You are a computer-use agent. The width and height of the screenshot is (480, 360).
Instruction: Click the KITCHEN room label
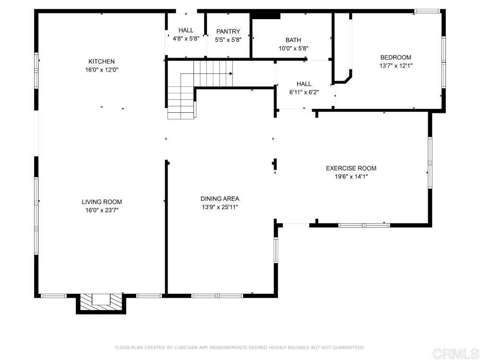click(102, 61)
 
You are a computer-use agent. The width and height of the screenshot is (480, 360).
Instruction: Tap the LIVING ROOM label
click(102, 202)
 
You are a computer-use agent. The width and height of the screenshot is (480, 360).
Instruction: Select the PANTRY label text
click(228, 31)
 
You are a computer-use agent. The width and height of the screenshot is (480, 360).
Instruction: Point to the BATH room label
click(293, 40)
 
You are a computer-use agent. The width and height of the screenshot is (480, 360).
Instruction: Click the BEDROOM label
click(396, 57)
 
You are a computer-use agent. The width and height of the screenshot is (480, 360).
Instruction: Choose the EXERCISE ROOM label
click(351, 168)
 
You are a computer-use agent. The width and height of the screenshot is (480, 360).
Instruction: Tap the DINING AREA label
click(220, 199)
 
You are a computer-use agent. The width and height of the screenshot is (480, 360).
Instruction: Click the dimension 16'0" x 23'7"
click(102, 210)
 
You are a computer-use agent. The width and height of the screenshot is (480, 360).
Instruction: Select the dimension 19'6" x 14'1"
click(351, 177)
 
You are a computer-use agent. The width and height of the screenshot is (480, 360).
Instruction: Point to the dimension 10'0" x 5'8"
click(293, 48)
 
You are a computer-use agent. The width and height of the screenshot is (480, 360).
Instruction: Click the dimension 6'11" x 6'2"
click(304, 92)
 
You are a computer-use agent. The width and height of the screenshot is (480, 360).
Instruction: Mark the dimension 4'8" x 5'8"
click(186, 39)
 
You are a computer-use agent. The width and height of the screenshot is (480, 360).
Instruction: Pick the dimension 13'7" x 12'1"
click(396, 66)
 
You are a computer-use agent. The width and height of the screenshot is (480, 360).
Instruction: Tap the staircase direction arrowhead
click(231, 74)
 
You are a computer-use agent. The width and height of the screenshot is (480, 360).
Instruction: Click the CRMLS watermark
click(456, 353)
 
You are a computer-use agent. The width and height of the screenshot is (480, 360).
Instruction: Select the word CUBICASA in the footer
click(186, 348)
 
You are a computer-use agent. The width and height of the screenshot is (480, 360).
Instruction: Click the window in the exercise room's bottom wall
click(364, 225)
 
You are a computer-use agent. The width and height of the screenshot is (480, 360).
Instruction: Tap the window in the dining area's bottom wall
click(217, 296)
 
